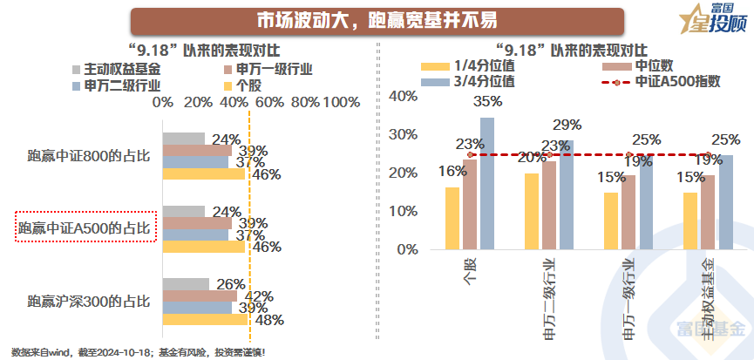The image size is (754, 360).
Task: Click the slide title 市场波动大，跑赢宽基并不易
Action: pos(376,20)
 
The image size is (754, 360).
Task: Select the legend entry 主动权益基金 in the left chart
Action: pos(111,68)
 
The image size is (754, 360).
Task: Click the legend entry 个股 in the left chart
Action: pos(249,85)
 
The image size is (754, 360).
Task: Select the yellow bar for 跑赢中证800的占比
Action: pos(204,173)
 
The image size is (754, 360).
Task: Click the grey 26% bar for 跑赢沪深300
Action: pos(186,284)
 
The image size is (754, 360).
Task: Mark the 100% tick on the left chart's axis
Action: pos(341,103)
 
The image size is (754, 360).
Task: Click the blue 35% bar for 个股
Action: pos(486,183)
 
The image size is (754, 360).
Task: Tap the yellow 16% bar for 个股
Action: pos(452,218)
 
